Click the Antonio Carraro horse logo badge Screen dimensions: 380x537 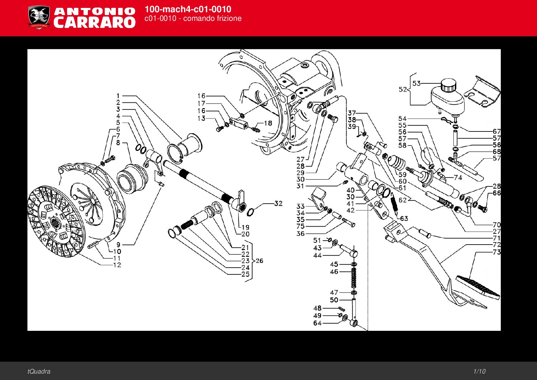(x=39, y=17)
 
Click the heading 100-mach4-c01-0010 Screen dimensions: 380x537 (x=188, y=9)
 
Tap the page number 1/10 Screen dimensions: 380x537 (x=479, y=371)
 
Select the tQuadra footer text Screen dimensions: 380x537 (x=39, y=371)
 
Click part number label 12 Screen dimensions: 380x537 (x=117, y=265)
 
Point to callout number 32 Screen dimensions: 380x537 (x=278, y=203)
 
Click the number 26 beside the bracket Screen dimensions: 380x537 (x=259, y=261)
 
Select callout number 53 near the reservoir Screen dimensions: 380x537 (x=416, y=83)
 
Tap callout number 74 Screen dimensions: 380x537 (x=458, y=177)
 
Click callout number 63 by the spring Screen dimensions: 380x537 (x=404, y=218)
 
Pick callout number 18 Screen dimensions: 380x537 (x=268, y=123)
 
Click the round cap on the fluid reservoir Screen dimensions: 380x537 (x=448, y=85)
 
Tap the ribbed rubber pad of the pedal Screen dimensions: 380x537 (x=478, y=286)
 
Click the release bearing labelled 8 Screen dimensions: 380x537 (x=131, y=177)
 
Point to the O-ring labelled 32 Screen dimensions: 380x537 (x=251, y=211)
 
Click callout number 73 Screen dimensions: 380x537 (x=496, y=252)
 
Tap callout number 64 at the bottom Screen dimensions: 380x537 (x=317, y=323)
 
